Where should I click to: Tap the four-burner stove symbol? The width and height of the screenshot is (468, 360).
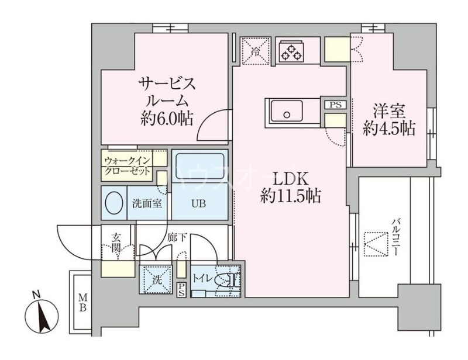tap(291, 51)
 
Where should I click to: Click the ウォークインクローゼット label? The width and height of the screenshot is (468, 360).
tap(128, 165)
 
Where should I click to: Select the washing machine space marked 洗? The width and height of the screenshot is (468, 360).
tap(155, 279)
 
